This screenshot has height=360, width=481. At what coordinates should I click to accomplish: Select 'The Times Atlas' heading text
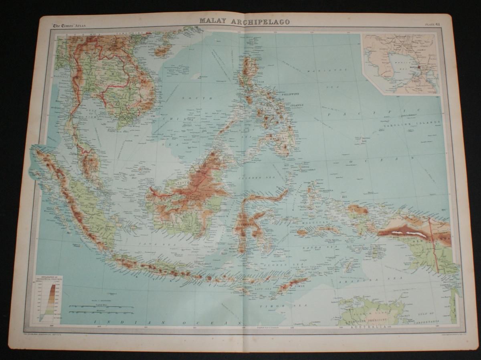pyautogui.click(x=69, y=27)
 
